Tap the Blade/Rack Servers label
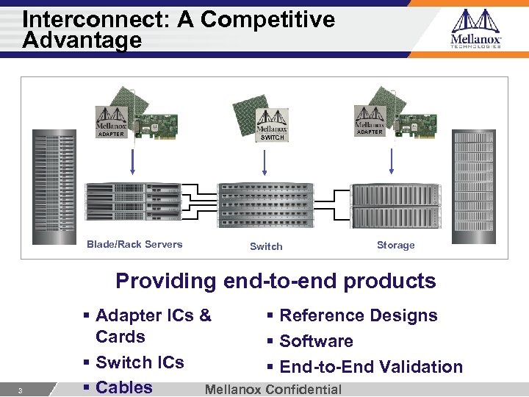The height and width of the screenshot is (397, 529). (x=134, y=244)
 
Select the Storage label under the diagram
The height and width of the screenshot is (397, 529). (x=395, y=245)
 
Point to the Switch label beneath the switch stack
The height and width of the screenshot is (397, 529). (x=266, y=246)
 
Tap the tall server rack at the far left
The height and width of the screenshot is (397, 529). (x=54, y=187)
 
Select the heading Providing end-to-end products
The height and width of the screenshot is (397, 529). (x=276, y=281)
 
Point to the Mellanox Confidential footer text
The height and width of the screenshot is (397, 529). (x=273, y=390)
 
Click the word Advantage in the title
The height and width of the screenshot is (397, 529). (x=82, y=40)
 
